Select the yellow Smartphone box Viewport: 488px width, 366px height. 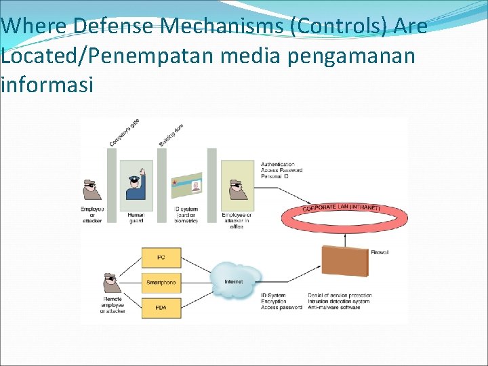(x=161, y=282)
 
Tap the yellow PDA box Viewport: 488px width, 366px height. (x=161, y=307)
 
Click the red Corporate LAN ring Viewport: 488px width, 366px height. (x=345, y=217)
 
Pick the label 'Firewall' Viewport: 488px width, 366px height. (x=380, y=252)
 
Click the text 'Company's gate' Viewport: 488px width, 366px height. (x=125, y=132)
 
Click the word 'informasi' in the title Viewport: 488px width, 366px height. (x=47, y=86)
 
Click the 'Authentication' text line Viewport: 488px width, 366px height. (x=278, y=164)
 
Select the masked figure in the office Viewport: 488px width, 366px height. (x=237, y=190)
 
